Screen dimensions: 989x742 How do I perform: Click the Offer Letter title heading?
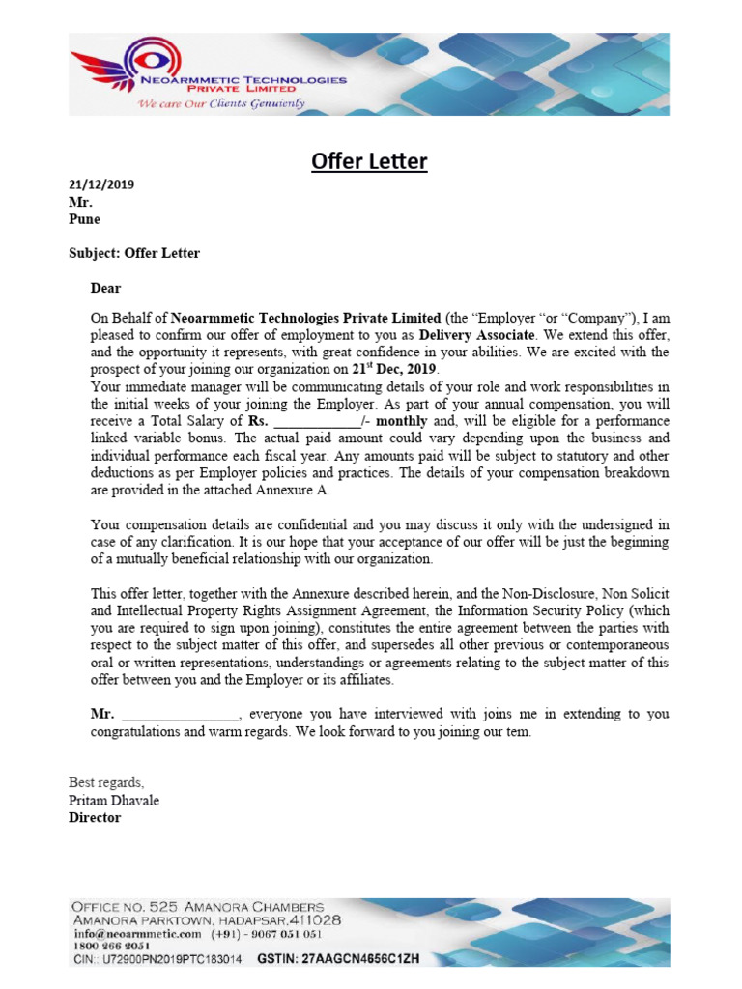(x=369, y=161)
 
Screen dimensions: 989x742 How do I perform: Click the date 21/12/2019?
(x=101, y=184)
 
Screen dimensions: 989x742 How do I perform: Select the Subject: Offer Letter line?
(x=134, y=253)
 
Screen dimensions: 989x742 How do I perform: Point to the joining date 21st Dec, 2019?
(x=395, y=369)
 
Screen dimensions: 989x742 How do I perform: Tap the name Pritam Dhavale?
(x=114, y=801)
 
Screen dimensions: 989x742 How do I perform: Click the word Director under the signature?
(x=95, y=818)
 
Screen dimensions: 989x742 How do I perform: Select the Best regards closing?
(x=106, y=782)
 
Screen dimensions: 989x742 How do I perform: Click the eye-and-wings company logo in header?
(x=102, y=72)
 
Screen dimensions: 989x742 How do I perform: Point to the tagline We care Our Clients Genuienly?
(x=221, y=103)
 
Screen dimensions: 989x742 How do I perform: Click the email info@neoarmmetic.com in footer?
(x=136, y=934)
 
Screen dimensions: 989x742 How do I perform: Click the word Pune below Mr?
(x=84, y=219)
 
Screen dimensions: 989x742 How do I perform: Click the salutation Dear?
(x=106, y=288)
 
